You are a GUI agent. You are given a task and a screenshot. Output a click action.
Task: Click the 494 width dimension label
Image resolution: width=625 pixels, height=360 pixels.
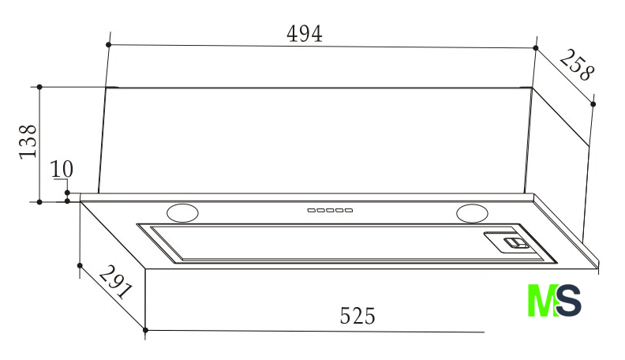point(304,34)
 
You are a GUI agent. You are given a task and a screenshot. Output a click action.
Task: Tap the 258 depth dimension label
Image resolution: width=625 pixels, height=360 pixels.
point(577,66)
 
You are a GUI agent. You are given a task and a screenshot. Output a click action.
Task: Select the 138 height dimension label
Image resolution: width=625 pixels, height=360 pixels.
point(28,142)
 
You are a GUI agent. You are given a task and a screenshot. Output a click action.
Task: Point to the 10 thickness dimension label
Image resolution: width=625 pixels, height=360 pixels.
point(62,169)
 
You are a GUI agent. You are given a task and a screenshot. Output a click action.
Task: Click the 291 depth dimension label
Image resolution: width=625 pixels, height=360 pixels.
point(115,282)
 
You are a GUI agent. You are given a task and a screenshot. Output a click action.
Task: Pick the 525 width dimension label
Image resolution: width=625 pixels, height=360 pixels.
point(357,316)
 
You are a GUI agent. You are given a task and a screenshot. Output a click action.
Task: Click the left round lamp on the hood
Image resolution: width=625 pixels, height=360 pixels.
point(182,213)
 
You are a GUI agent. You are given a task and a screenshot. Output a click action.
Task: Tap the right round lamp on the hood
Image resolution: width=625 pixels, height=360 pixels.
point(473,213)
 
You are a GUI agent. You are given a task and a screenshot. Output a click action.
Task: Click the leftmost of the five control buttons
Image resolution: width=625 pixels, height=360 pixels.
point(311,210)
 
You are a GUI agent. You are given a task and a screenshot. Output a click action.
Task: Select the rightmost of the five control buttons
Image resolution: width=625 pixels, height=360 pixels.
point(349,210)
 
